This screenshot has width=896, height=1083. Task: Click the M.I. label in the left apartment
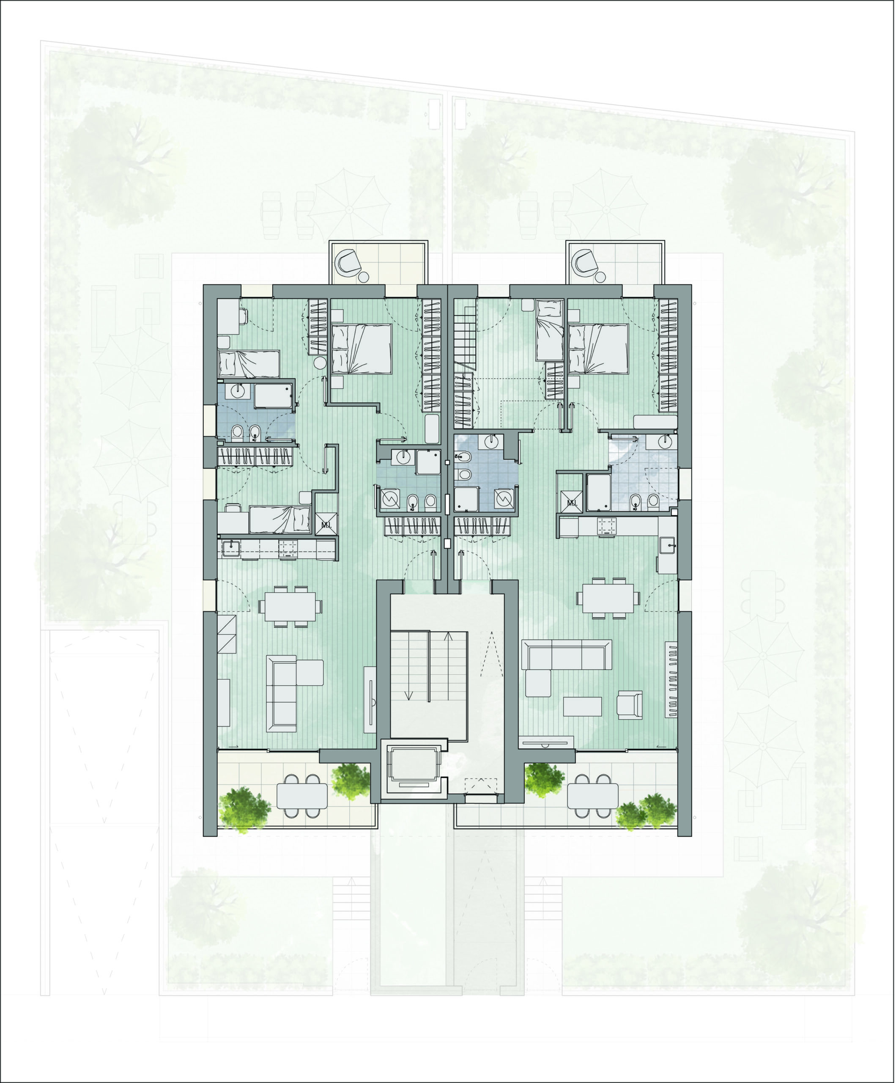coord(326,525)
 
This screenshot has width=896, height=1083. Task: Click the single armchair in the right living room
coord(630,704)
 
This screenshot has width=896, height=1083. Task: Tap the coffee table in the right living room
coord(583,706)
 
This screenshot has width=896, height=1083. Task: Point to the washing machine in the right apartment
coord(503,499)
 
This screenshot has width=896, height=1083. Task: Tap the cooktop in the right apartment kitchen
coord(606,526)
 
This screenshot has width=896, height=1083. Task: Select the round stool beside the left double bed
coord(320,363)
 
